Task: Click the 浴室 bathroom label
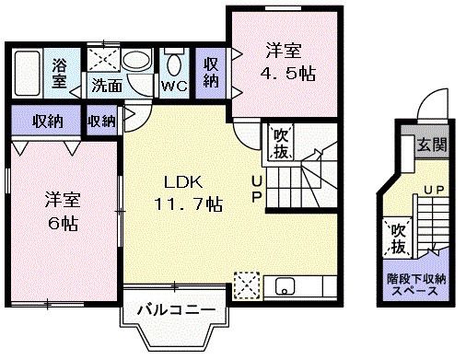click(x=60, y=74)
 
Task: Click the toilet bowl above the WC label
click(x=174, y=64)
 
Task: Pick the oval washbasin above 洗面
click(x=135, y=62)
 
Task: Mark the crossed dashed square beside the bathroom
click(x=103, y=61)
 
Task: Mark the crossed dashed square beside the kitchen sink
click(x=247, y=284)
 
